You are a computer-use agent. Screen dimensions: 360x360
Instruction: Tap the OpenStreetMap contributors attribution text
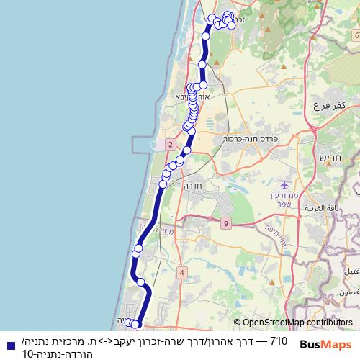point(293,323)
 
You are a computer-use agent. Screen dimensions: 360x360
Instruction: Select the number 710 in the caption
point(277,340)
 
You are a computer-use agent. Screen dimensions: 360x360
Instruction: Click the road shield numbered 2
point(170,145)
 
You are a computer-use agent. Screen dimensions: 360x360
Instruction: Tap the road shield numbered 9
point(226,224)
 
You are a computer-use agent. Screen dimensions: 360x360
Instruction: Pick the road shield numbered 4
point(181,272)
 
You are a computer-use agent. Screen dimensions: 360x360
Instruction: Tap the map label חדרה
point(196,185)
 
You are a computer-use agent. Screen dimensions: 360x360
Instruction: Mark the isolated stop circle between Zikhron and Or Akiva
point(202,65)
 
